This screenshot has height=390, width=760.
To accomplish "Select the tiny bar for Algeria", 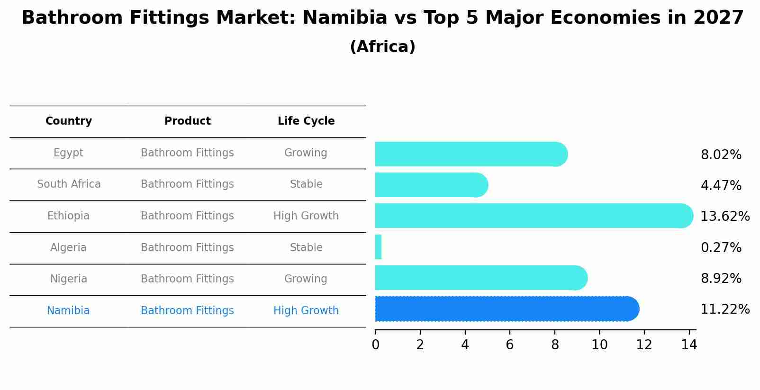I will [378, 247].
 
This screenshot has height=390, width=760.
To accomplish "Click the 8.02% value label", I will [721, 155].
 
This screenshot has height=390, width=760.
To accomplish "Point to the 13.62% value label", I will [724, 217].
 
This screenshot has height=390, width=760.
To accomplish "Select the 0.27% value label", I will [721, 247].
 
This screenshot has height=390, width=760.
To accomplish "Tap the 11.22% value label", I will [724, 309].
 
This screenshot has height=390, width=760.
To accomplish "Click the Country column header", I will [69, 121].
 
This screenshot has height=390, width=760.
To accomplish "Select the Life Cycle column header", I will [306, 121].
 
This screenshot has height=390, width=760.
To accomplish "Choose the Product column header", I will [187, 121].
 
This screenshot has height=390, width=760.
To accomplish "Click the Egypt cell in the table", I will [68, 153].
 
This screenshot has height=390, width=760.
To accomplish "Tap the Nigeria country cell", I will [69, 279].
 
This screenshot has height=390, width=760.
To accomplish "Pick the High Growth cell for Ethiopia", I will [306, 216].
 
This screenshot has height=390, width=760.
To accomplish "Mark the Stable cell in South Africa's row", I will [306, 184].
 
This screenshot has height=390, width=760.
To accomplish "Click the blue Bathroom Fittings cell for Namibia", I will [187, 310].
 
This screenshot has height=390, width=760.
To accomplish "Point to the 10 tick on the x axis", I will [599, 345].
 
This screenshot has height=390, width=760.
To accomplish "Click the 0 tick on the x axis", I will [375, 345].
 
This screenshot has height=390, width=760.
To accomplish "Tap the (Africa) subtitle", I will [382, 47].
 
